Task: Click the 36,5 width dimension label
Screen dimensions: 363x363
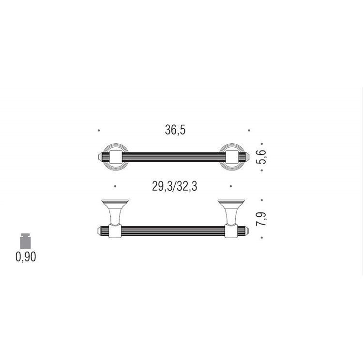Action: pos(175,130)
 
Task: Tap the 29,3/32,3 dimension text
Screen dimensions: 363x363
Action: pos(175,186)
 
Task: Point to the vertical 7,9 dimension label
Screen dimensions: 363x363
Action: pos(261,219)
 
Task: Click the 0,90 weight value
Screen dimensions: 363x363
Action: pos(26,257)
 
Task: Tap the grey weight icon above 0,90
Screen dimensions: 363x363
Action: pos(26,241)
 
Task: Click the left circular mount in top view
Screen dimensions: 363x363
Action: pos(116,157)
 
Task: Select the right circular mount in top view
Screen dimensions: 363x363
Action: pos(232,157)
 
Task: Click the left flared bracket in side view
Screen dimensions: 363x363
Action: pos(115,212)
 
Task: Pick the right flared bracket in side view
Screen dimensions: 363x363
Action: pos(231,212)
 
